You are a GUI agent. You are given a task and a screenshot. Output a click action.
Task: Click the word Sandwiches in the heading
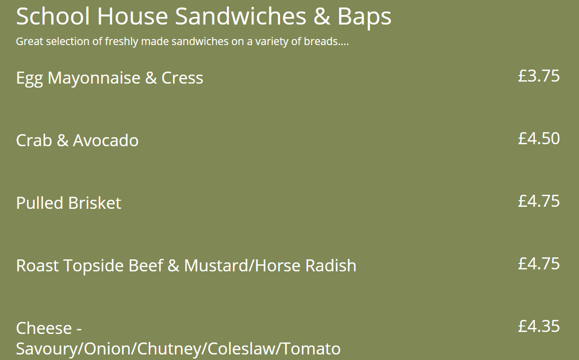241,16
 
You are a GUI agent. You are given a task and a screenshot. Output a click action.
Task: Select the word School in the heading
53,16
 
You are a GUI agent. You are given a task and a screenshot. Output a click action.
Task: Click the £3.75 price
539,76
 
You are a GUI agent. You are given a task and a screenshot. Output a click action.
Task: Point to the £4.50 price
539,139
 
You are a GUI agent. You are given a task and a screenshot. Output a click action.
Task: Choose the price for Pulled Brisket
539,201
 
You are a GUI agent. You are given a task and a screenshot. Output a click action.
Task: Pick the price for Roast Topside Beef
539,264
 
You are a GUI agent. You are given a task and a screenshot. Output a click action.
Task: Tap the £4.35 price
539,326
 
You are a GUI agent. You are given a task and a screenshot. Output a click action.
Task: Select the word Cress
182,78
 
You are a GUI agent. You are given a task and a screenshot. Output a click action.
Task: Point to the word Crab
34,140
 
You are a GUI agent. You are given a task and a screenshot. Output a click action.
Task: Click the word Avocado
106,140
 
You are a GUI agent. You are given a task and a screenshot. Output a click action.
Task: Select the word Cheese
44,328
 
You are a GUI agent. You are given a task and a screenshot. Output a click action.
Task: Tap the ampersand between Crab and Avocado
63,140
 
